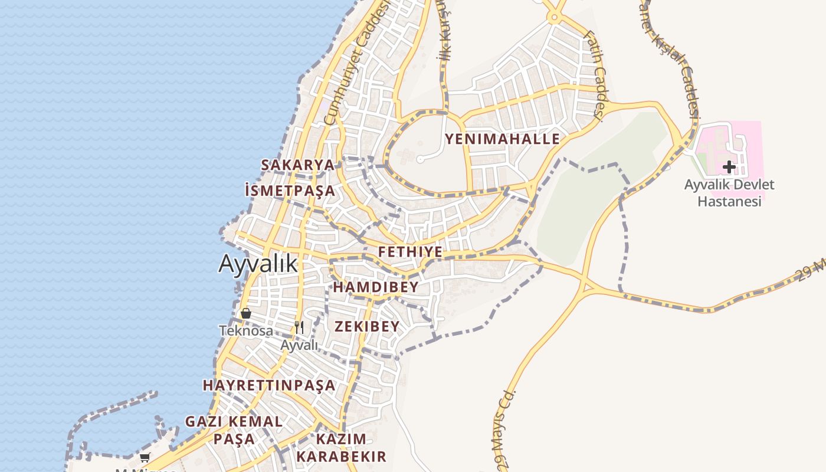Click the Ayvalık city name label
(258, 264)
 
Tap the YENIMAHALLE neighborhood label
(502, 139)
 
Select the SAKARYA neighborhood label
(297, 165)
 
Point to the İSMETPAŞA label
(290, 191)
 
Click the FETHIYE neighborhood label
(410, 252)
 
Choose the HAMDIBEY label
(376, 287)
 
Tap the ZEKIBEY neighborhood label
(367, 326)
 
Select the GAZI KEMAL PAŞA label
(234, 430)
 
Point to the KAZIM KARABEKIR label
(341, 448)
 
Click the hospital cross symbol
(729, 167)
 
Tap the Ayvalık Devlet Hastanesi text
(729, 193)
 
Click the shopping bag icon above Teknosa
(246, 313)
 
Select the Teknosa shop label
(246, 331)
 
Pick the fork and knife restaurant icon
(299, 327)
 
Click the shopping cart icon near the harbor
(145, 457)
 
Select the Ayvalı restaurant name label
(299, 345)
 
